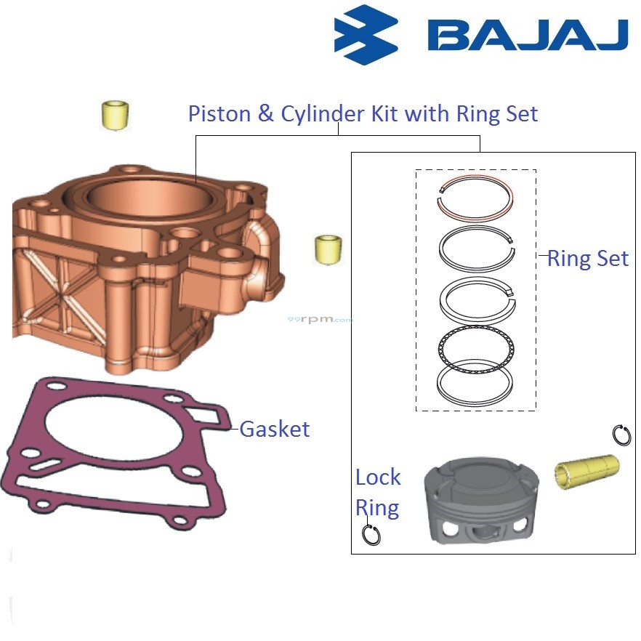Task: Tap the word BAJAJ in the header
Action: pyautogui.click(x=527, y=35)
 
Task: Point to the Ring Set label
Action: pyautogui.click(x=587, y=258)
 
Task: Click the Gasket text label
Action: pyautogui.click(x=275, y=429)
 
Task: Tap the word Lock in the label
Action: pyautogui.click(x=378, y=477)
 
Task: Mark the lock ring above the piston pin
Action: pyautogui.click(x=621, y=435)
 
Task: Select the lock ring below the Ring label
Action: pyautogui.click(x=371, y=534)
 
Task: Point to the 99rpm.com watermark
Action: pyautogui.click(x=320, y=319)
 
